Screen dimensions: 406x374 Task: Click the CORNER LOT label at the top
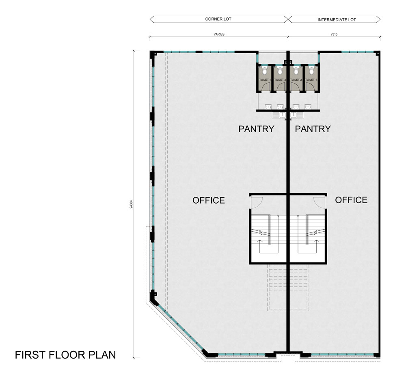(x=218, y=19)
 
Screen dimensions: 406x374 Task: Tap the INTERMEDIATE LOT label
(x=337, y=19)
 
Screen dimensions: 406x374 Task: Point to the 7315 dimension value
(x=334, y=34)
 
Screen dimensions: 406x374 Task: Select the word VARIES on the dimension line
(x=219, y=34)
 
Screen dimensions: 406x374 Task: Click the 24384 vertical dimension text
(x=131, y=204)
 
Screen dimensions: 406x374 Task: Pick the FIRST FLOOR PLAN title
(x=65, y=355)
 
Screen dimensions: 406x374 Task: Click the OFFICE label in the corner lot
(x=208, y=200)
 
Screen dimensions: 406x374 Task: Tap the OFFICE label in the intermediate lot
(x=351, y=200)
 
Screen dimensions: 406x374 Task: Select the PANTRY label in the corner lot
(x=256, y=129)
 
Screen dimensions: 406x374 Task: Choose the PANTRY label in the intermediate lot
(x=313, y=129)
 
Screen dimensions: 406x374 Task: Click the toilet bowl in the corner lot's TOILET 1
(x=264, y=70)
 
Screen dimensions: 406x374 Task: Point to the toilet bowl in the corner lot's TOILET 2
(x=280, y=70)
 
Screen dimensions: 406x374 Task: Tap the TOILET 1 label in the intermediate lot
(x=311, y=80)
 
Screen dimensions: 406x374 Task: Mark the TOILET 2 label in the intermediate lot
(x=296, y=80)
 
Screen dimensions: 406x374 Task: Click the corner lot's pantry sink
(x=279, y=115)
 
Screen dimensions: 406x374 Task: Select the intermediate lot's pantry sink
(x=297, y=115)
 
